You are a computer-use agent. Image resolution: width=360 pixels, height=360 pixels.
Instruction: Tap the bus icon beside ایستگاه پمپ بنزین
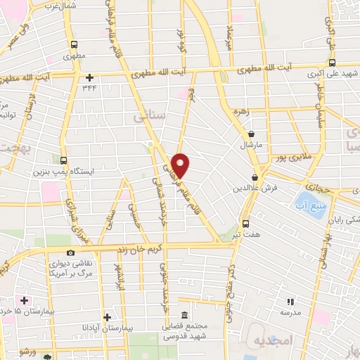coord(65,160)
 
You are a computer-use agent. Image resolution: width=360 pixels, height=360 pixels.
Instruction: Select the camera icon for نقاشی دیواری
coord(70,252)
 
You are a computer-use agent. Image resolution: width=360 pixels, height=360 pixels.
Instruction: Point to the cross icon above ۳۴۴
coord(89,77)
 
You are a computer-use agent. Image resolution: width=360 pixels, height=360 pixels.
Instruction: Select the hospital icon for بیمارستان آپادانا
coord(106,316)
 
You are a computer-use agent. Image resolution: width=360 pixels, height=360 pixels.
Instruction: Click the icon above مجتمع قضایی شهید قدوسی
coord(184,315)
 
